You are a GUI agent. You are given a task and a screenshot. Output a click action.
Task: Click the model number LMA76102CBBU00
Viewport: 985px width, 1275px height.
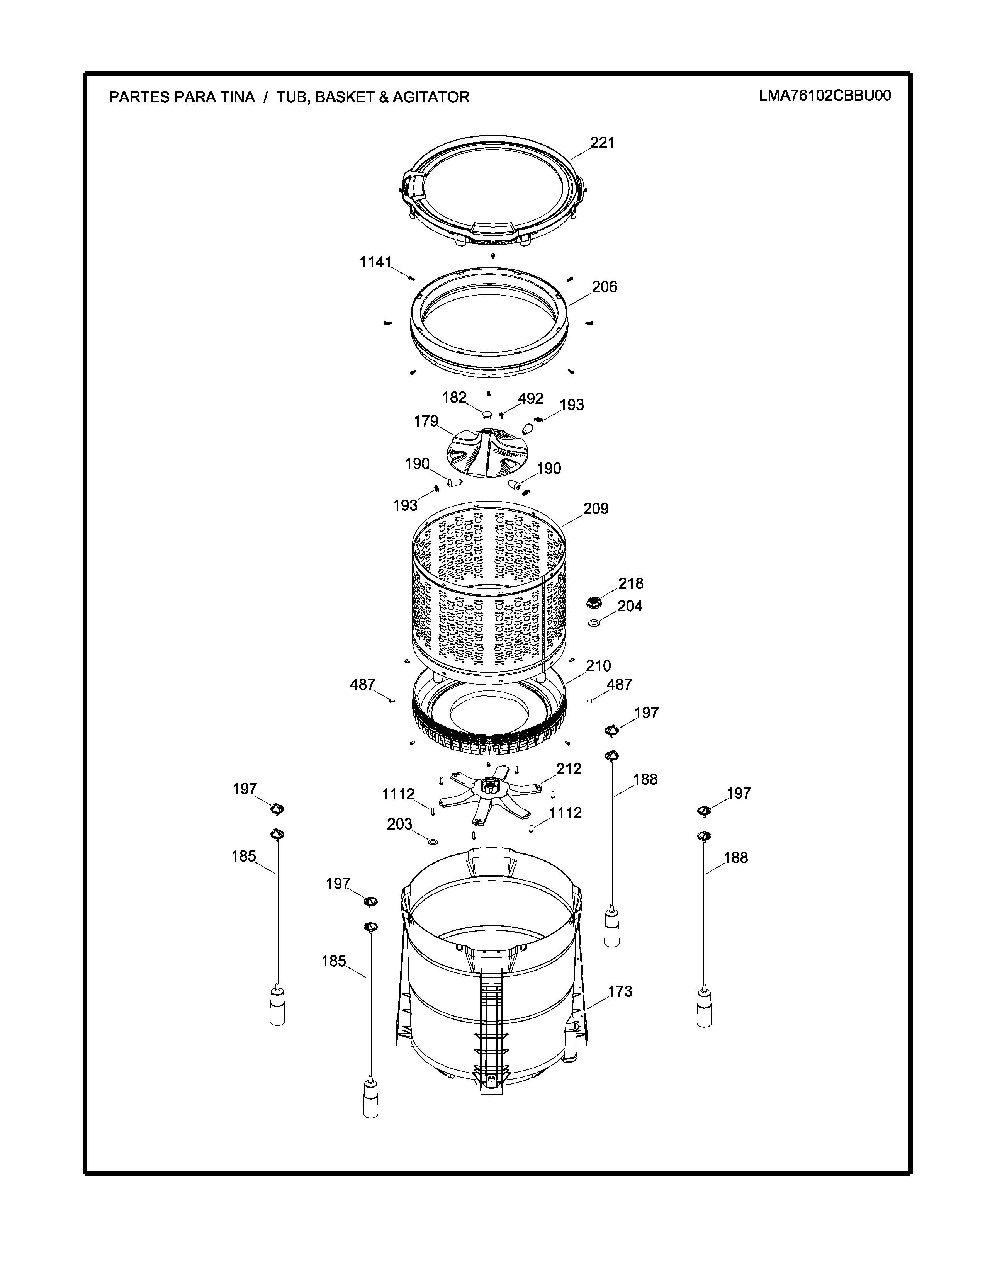pyautogui.click(x=825, y=96)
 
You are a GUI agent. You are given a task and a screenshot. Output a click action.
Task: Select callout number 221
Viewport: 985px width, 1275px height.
pyautogui.click(x=602, y=143)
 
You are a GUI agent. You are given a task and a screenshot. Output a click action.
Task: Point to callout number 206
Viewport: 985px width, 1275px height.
pyautogui.click(x=605, y=287)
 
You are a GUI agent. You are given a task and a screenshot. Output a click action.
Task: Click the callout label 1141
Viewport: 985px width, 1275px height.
pyautogui.click(x=375, y=263)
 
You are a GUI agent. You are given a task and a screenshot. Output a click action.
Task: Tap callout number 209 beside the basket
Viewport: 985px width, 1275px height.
pyautogui.click(x=596, y=508)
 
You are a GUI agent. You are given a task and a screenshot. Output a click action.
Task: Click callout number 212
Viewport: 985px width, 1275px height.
pyautogui.click(x=569, y=769)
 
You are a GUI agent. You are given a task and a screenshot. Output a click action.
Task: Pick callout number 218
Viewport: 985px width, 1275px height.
pyautogui.click(x=631, y=583)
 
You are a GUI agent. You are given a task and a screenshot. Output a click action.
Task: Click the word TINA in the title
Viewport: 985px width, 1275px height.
pyautogui.click(x=237, y=97)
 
